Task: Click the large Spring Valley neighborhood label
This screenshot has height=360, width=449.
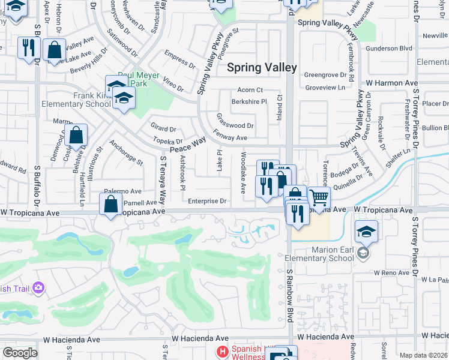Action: [x=262, y=67]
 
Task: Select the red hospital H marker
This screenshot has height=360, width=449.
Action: [x=222, y=352]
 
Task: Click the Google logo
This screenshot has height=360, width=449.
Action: [x=20, y=353]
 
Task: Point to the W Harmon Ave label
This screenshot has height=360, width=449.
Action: [x=391, y=82]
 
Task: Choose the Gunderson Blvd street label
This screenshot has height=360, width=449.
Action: [x=390, y=48]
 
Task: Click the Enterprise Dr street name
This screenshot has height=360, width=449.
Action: [x=206, y=201]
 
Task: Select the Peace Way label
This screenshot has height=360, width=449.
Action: [x=188, y=145]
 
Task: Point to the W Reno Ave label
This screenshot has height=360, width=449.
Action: [x=391, y=272]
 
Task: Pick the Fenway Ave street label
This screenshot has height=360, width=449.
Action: [x=231, y=138]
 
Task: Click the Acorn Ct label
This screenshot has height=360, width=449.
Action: [x=251, y=90]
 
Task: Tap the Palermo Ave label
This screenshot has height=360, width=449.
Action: [x=122, y=191]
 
